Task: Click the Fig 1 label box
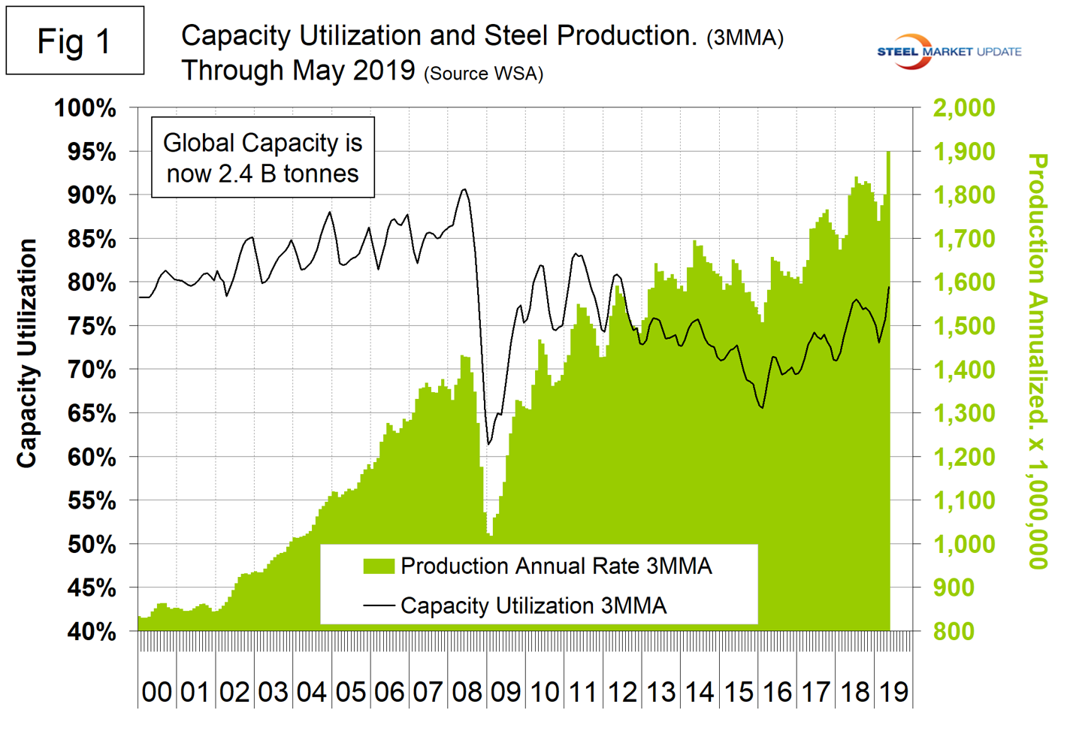[x=75, y=41]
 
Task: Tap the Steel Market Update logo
[x=949, y=52]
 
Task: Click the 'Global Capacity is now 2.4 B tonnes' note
[x=263, y=158]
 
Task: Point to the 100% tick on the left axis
[x=85, y=108]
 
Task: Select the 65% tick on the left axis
[x=92, y=414]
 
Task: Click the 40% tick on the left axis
[x=92, y=632]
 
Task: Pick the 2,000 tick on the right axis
[x=963, y=107]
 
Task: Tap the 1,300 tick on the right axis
[x=963, y=413]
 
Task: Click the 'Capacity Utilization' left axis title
[x=27, y=353]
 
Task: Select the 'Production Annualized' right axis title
[x=1037, y=361]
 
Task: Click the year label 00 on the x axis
[x=156, y=692]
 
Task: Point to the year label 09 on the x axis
[x=505, y=692]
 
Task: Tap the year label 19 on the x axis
[x=893, y=692]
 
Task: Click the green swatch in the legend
[x=379, y=566]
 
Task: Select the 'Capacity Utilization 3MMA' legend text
[x=533, y=606]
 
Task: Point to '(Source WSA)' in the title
[x=483, y=74]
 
